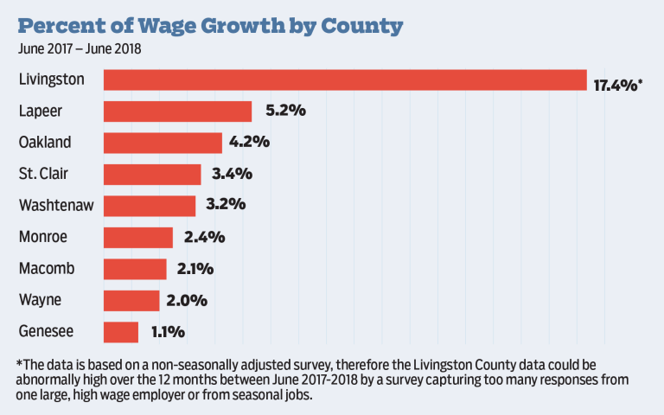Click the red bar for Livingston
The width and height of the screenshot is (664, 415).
345,80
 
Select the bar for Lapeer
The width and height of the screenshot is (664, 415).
177,112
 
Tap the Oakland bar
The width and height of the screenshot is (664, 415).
163,143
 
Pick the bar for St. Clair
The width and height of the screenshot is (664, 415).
152,174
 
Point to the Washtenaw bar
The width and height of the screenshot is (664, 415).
150,206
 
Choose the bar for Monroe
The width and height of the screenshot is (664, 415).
138,237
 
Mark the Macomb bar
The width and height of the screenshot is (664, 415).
135,269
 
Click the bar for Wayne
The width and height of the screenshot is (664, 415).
131,300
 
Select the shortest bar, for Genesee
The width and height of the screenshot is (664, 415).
121,332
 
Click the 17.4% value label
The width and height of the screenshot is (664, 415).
617,83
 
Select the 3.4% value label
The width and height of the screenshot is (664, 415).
230,174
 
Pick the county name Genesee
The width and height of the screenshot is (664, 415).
47,332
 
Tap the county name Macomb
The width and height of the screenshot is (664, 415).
47,269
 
